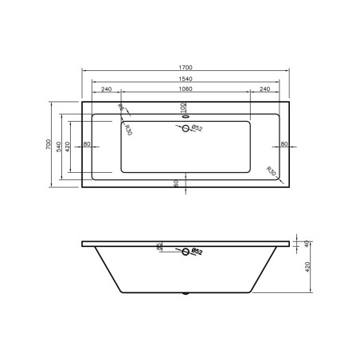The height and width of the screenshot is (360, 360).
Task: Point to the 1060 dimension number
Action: (186, 90)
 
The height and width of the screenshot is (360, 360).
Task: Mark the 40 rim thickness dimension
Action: (309, 243)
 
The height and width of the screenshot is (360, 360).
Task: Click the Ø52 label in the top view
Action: (198, 127)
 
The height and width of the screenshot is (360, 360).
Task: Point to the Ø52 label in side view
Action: (198, 254)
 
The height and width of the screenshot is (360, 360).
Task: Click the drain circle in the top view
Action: (186, 127)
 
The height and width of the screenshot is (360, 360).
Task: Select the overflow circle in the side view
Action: (186, 252)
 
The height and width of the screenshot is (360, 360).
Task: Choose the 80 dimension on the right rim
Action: (284, 144)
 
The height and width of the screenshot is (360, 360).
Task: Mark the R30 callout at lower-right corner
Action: (272, 170)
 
